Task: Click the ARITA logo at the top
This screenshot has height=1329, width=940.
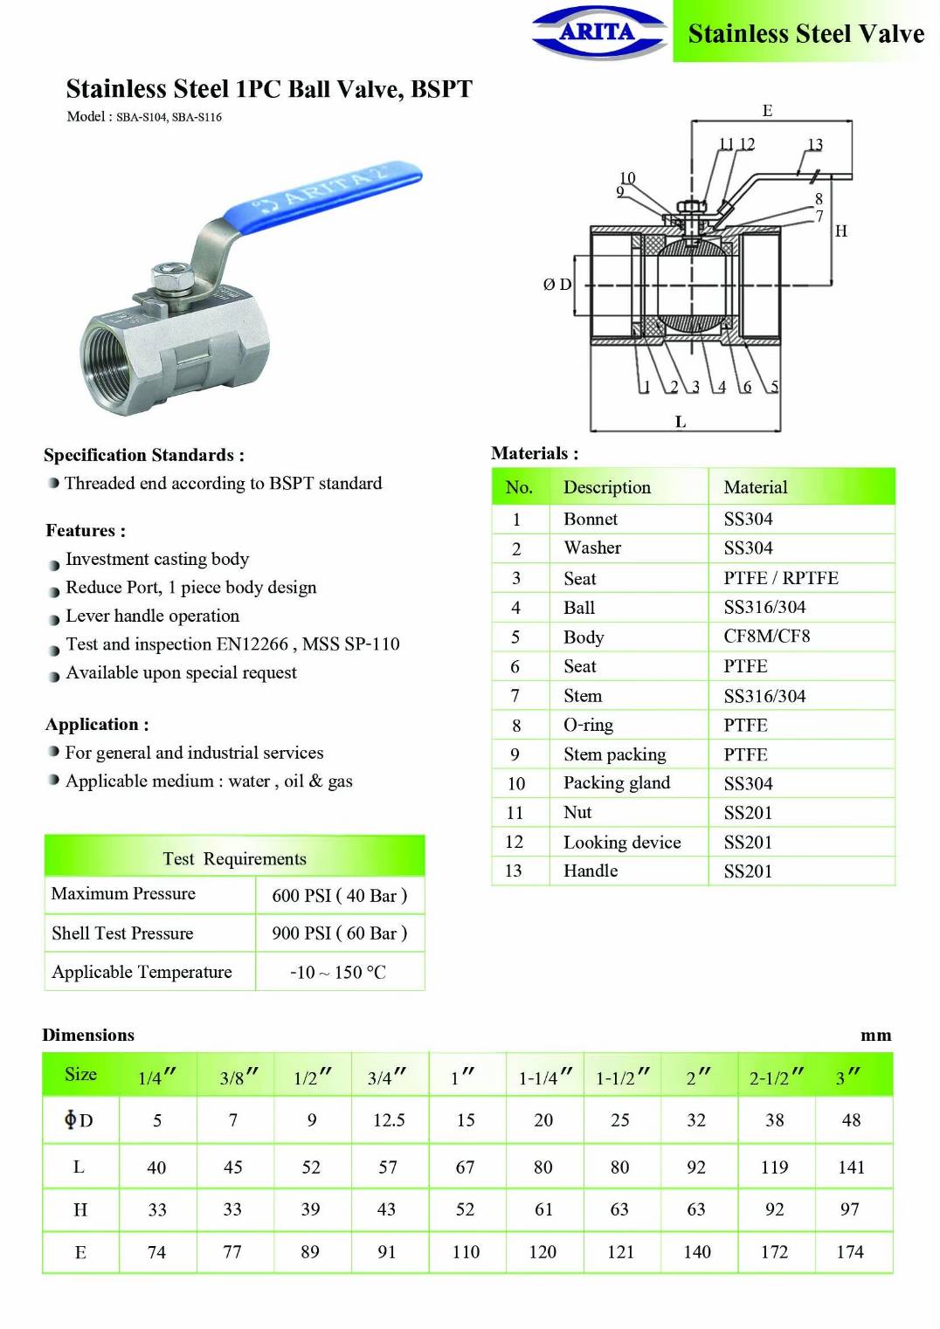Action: (x=598, y=32)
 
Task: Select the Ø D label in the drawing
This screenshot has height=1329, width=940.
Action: (x=556, y=285)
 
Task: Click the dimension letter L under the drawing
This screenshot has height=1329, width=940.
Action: (x=681, y=422)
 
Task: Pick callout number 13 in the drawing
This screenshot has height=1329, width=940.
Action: (x=815, y=144)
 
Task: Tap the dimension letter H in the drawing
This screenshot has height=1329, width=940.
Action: (x=840, y=231)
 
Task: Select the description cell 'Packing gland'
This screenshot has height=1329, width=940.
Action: (x=617, y=783)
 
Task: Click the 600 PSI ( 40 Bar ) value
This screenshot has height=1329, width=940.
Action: (x=339, y=896)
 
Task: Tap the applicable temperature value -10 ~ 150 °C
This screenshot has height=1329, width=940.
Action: (x=338, y=973)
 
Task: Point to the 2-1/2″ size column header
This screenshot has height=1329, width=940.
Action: (x=776, y=1078)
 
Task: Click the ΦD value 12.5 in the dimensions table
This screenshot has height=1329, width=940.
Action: (x=389, y=1120)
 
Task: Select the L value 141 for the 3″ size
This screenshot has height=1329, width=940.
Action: (x=851, y=1167)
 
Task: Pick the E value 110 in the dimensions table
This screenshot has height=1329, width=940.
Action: (x=466, y=1252)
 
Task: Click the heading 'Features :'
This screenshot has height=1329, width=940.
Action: (x=86, y=531)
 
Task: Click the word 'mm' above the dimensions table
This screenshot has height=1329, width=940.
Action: (x=875, y=1036)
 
